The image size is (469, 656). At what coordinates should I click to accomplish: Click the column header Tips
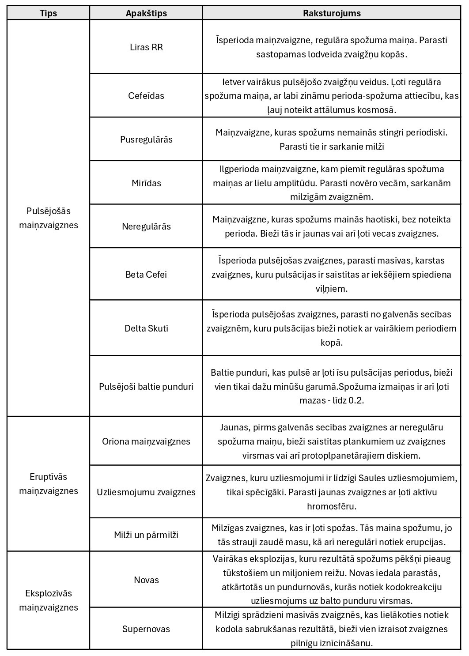(49, 13)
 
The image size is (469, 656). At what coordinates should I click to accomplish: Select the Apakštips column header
(146, 13)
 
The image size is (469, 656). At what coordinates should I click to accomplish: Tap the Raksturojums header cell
(332, 13)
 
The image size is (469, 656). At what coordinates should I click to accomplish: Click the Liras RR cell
(146, 47)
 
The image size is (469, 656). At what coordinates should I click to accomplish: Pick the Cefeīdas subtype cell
(146, 96)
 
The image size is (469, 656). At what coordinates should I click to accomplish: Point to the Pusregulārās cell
(146, 139)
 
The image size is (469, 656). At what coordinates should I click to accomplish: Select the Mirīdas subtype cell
(146, 183)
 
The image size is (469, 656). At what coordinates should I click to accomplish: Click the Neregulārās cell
(146, 226)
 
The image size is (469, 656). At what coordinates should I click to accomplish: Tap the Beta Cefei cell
(146, 275)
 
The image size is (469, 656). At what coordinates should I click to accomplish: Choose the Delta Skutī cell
(146, 328)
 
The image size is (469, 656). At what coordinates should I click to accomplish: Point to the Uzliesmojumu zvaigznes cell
(146, 492)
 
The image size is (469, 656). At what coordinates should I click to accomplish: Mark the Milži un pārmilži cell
(146, 535)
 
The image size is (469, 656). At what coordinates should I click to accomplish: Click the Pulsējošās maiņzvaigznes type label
(49, 218)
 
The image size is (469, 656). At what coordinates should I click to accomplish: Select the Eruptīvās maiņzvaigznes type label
(49, 484)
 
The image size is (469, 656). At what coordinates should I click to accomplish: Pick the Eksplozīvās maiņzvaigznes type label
(49, 600)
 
